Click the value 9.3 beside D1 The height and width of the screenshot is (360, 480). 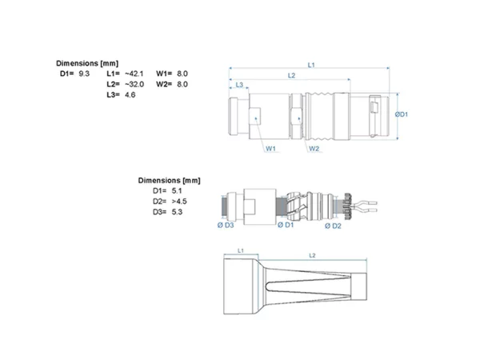[84, 74]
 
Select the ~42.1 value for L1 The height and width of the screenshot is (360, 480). [134, 74]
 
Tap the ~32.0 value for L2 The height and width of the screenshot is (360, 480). [134, 84]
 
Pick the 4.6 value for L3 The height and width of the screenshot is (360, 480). [130, 95]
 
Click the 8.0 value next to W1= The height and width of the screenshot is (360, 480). [182, 74]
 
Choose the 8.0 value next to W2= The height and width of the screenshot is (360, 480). [182, 84]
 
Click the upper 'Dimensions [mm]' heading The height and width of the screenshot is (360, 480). [87, 63]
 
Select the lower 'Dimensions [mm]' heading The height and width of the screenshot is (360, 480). [170, 180]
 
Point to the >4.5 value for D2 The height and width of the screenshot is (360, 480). [179, 202]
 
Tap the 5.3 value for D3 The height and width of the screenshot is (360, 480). [177, 212]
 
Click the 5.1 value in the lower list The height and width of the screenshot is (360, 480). [177, 190]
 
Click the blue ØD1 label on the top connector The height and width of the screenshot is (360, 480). [402, 114]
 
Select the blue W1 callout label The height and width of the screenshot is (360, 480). [270, 149]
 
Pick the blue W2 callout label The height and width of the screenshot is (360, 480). [314, 149]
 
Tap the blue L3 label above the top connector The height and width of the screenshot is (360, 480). [239, 85]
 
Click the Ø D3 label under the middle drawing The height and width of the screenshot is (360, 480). [226, 226]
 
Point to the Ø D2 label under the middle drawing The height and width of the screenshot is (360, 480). [333, 226]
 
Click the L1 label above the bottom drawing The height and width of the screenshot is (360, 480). [241, 250]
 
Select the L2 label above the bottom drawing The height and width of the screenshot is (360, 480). [312, 255]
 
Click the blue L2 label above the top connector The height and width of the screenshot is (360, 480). [291, 75]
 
